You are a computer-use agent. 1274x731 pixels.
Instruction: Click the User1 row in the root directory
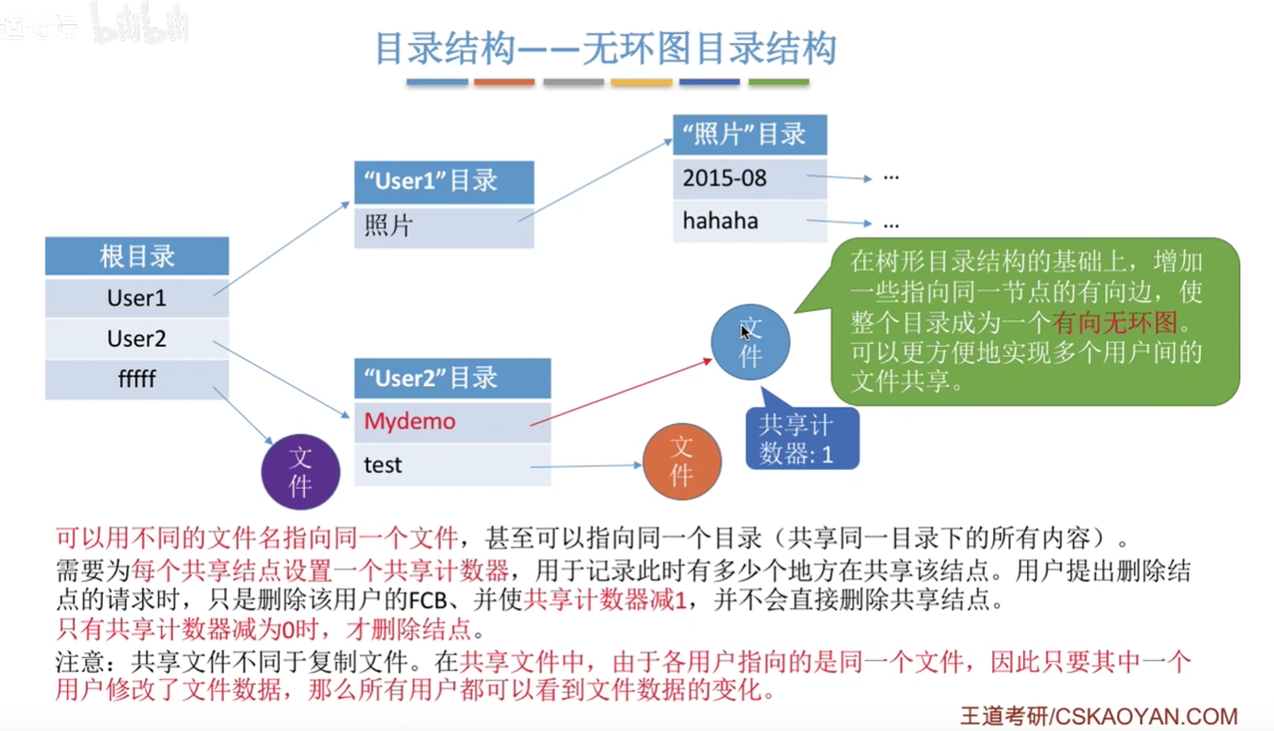(x=136, y=298)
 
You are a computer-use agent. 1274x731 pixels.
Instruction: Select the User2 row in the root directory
(x=136, y=338)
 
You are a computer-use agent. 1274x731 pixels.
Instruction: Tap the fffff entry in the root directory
(x=136, y=379)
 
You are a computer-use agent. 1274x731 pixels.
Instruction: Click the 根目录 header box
(x=136, y=256)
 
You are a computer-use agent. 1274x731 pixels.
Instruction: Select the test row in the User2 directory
(x=452, y=465)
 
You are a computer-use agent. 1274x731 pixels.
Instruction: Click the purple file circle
(x=300, y=472)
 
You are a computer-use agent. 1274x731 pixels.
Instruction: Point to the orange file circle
(x=682, y=462)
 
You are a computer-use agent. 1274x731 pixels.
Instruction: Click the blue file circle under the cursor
(x=750, y=342)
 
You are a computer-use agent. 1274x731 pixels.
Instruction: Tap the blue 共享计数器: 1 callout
(x=802, y=437)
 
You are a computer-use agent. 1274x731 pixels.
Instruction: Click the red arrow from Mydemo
(x=621, y=393)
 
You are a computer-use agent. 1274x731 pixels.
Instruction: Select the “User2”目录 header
(x=452, y=378)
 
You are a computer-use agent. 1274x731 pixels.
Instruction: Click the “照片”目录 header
(x=750, y=135)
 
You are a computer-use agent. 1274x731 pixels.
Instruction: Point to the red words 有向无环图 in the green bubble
(x=1114, y=322)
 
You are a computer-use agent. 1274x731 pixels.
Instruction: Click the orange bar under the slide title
(x=504, y=82)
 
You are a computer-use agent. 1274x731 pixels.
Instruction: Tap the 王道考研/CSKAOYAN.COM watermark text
(x=1099, y=716)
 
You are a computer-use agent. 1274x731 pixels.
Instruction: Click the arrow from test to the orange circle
(x=586, y=466)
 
